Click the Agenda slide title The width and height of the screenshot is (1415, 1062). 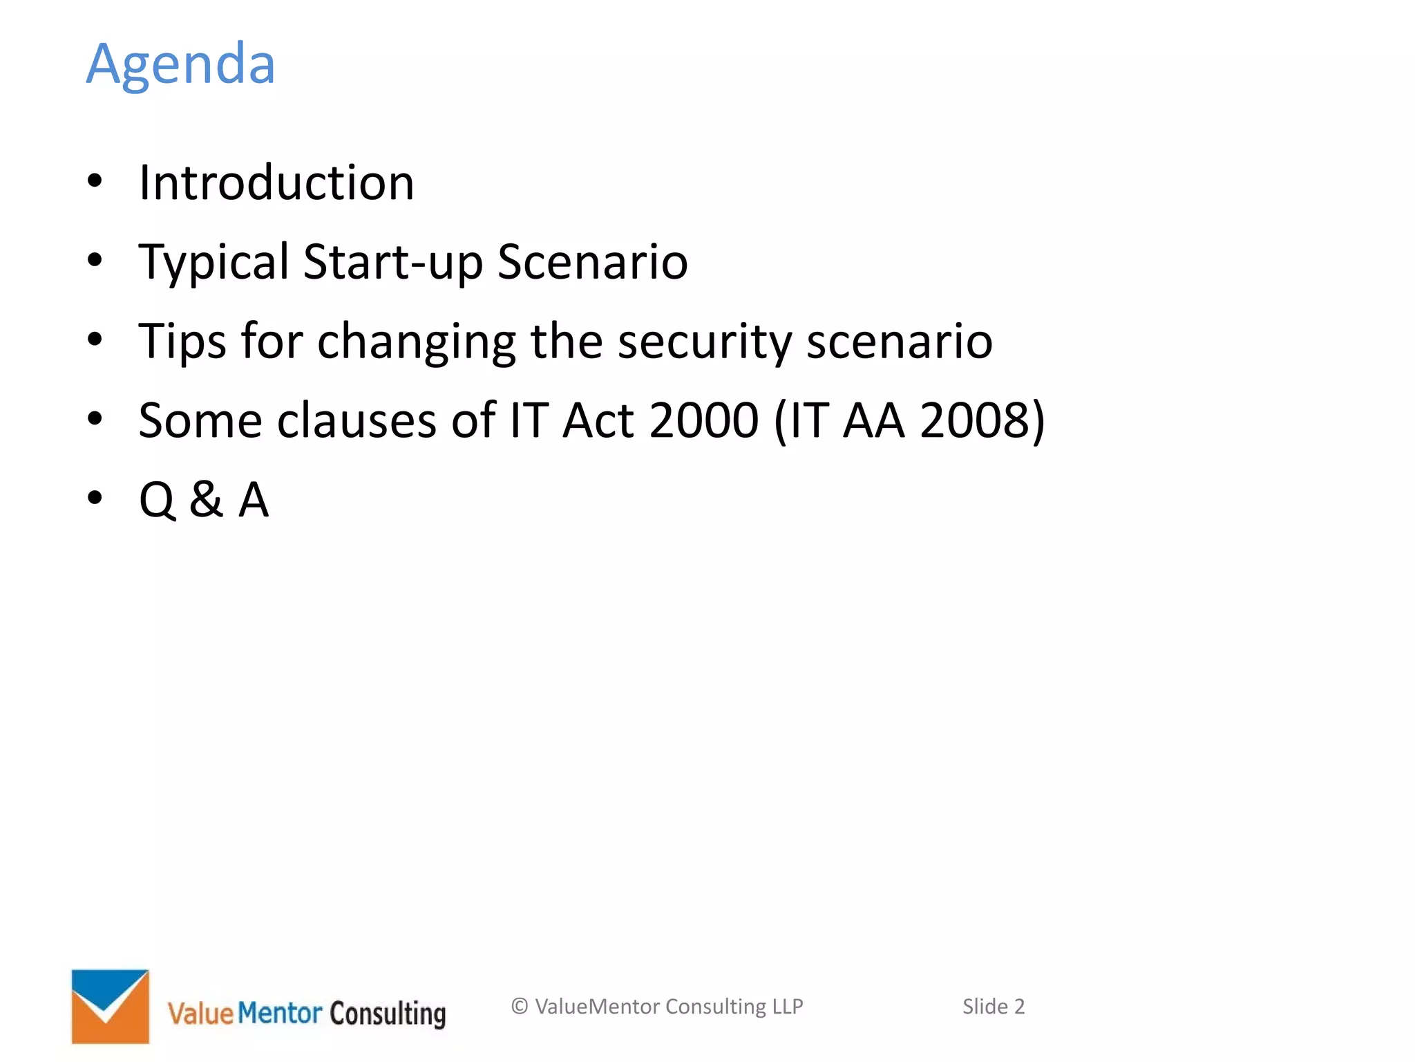pyautogui.click(x=180, y=64)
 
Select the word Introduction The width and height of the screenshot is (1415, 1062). pyautogui.click(x=276, y=183)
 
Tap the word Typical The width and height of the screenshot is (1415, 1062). pyautogui.click(x=213, y=263)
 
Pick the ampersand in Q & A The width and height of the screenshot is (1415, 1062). pyautogui.click(x=207, y=499)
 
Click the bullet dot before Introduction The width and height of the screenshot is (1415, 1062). pyautogui.click(x=95, y=181)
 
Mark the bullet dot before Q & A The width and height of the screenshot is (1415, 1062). pyautogui.click(x=95, y=498)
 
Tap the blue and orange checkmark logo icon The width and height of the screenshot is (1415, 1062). pyautogui.click(x=111, y=1006)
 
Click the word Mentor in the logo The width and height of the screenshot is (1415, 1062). pyautogui.click(x=280, y=1014)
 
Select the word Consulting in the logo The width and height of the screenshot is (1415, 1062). pyautogui.click(x=388, y=1014)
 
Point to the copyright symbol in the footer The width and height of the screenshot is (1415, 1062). pyautogui.click(x=520, y=1006)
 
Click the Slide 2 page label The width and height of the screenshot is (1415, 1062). pyautogui.click(x=994, y=1006)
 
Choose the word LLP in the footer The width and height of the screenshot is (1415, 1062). pyautogui.click(x=788, y=1006)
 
